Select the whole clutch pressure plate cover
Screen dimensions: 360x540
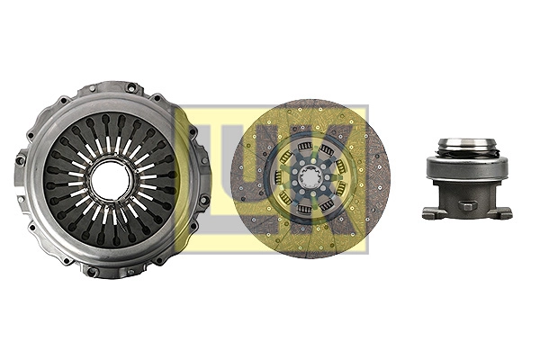[111, 180]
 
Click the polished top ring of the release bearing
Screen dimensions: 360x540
[466, 143]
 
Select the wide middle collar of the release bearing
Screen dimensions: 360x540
[466, 166]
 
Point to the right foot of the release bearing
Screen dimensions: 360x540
[503, 213]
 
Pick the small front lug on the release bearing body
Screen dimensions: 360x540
[466, 205]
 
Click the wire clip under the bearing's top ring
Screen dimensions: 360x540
[466, 153]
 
